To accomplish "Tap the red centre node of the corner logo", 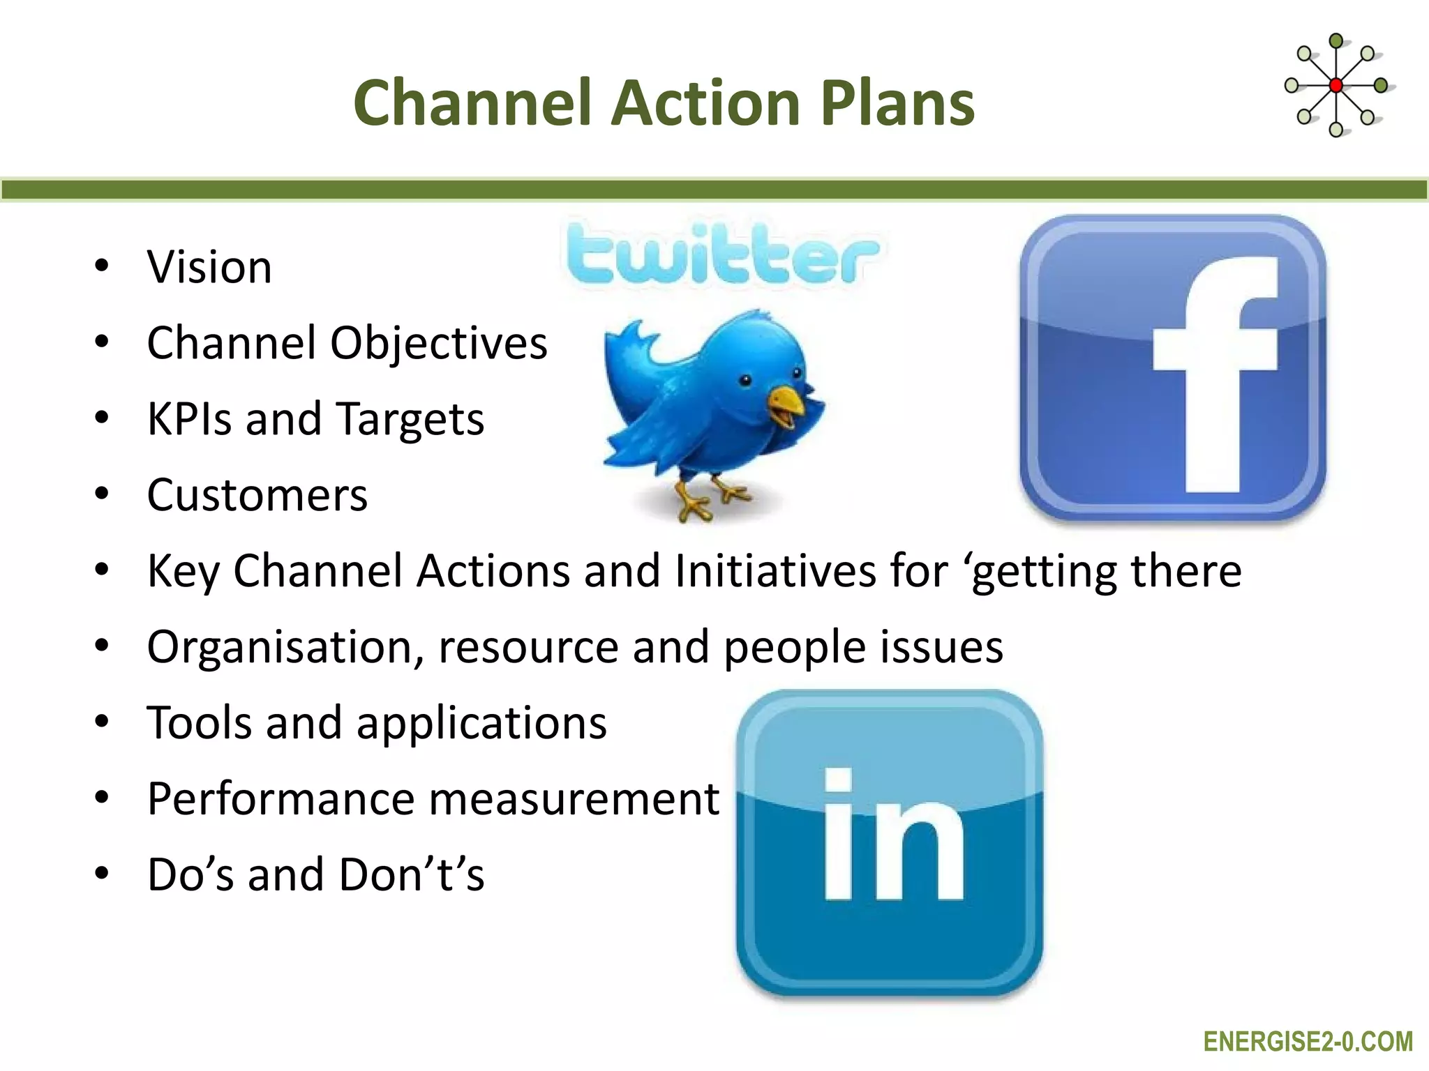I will [x=1336, y=86].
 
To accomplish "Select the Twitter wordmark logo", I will [x=722, y=255].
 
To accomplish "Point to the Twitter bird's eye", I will [x=745, y=380].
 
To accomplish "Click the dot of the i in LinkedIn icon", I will [x=838, y=782].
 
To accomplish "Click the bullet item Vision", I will [x=209, y=267].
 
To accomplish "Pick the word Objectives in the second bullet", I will [x=438, y=343].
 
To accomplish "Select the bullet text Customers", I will [x=257, y=495].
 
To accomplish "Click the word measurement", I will [x=574, y=798].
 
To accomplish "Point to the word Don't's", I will [x=412, y=874].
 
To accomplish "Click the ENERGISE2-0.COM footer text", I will [x=1308, y=1042].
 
